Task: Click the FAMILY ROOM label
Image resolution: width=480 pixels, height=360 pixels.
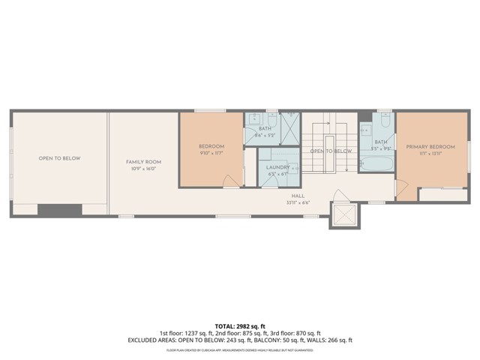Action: click(x=142, y=161)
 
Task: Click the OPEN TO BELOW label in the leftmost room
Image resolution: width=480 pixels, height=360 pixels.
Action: click(x=59, y=158)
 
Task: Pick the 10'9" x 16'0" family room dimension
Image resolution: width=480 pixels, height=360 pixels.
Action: click(x=142, y=169)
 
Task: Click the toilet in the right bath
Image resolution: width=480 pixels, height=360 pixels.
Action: click(x=385, y=120)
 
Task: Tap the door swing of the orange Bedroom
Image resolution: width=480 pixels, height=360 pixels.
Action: click(x=234, y=178)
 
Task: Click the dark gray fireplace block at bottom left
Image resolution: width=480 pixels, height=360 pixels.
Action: click(x=59, y=209)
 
